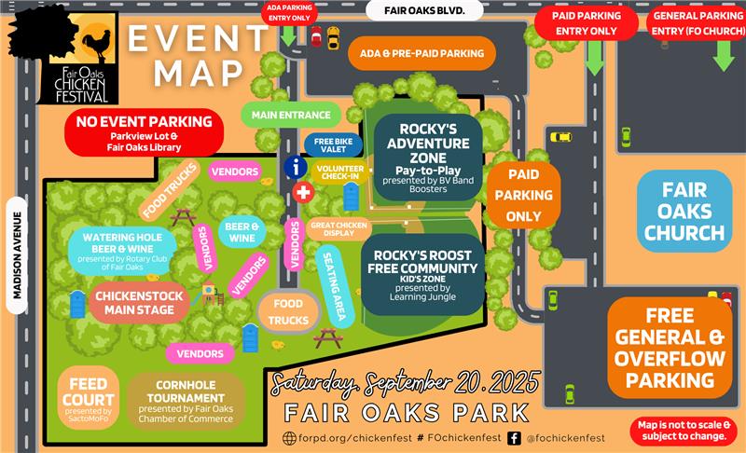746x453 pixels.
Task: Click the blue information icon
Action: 297,167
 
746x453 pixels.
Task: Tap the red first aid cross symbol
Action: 302,192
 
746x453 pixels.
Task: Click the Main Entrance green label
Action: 291,116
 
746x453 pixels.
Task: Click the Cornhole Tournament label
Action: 186,400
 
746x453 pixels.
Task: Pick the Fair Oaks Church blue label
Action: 684,211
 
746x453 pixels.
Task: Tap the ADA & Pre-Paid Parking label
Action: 422,53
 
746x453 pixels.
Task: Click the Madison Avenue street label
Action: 16,252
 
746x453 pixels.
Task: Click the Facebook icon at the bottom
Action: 514,437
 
